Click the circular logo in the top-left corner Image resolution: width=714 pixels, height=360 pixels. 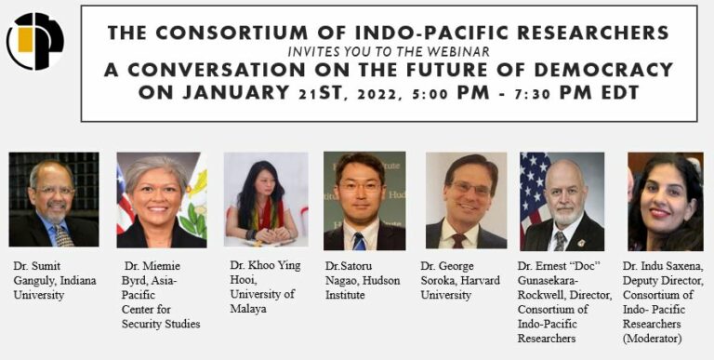(34, 41)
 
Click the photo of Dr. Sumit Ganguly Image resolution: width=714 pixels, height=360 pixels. (53, 200)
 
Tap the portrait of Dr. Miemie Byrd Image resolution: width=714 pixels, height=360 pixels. (161, 200)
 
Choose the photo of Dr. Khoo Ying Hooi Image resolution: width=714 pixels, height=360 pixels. (265, 200)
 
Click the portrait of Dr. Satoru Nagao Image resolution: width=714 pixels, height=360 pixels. (364, 200)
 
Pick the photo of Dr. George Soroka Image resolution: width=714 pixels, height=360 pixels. (466, 200)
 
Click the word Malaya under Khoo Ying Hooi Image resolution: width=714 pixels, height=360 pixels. (250, 309)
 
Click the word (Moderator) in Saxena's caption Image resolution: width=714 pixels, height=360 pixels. (655, 339)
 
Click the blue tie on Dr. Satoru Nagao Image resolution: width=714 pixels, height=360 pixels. (359, 241)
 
